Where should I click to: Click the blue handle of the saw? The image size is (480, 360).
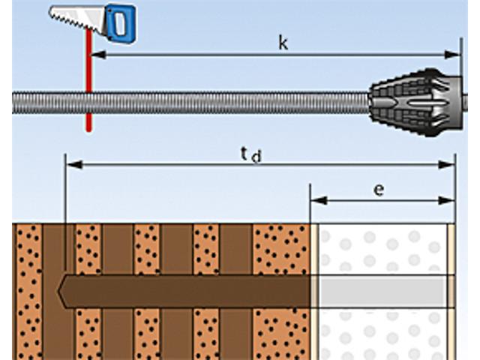pyautogui.click(x=121, y=23)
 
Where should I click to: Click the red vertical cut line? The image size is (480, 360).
pyautogui.click(x=88, y=80)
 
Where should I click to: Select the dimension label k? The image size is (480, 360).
pyautogui.click(x=283, y=43)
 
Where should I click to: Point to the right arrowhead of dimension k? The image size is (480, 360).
pyautogui.click(x=452, y=55)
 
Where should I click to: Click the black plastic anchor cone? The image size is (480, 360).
pyautogui.click(x=416, y=102)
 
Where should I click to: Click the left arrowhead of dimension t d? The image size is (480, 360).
pyautogui.click(x=74, y=165)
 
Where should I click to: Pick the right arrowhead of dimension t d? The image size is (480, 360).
pyautogui.click(x=447, y=165)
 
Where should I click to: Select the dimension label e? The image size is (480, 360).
pyautogui.click(x=379, y=190)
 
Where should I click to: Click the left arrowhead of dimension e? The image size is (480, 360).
pyautogui.click(x=319, y=201)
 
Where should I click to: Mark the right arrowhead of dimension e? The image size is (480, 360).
pyautogui.click(x=447, y=201)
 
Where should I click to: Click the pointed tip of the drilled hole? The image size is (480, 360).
pyautogui.click(x=58, y=291)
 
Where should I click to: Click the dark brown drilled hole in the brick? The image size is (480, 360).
pyautogui.click(x=184, y=291)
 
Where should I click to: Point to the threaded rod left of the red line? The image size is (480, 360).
pyautogui.click(x=49, y=103)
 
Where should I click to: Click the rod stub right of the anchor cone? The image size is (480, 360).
pyautogui.click(x=465, y=103)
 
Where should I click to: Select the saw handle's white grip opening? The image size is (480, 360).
pyautogui.click(x=121, y=23)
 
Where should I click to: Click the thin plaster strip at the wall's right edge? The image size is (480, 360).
pyautogui.click(x=451, y=292)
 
